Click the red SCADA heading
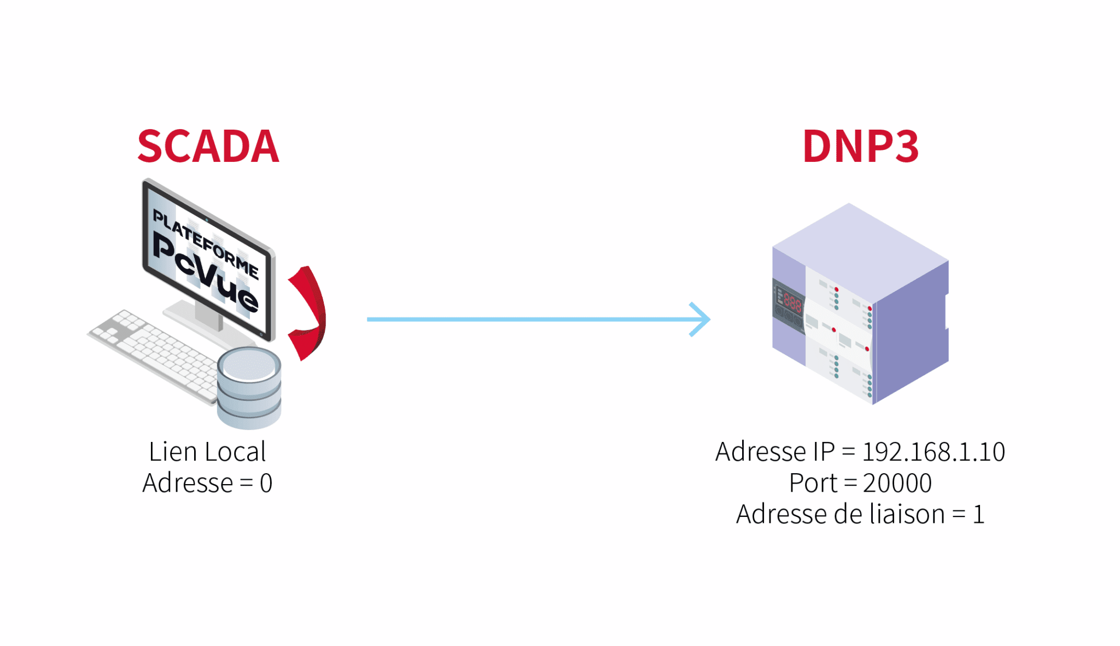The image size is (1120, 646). (x=208, y=147)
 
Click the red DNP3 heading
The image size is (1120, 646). (x=860, y=147)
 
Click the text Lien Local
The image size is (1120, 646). (x=207, y=452)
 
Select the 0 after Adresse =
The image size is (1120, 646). (x=266, y=483)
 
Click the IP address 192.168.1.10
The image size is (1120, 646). (x=933, y=452)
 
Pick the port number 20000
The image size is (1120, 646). (x=897, y=483)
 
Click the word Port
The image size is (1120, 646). (x=813, y=483)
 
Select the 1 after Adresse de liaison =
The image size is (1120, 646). (x=978, y=514)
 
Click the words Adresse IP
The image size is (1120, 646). (x=775, y=452)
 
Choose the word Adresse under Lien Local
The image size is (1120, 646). (x=188, y=483)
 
